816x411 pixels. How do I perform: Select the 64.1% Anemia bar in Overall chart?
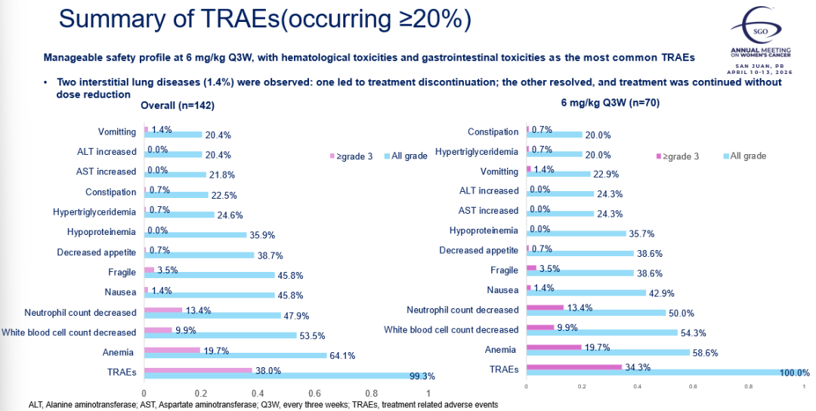[x=235, y=355]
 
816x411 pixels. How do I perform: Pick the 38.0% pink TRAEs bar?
[x=198, y=370]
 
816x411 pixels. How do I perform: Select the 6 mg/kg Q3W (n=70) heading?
[x=610, y=103]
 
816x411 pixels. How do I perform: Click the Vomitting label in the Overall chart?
[x=117, y=132]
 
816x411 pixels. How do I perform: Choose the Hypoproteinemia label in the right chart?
[x=484, y=230]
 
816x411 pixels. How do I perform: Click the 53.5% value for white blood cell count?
[x=315, y=335]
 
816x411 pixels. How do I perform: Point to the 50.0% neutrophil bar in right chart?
[x=596, y=313]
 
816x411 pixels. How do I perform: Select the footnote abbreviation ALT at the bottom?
[x=36, y=405]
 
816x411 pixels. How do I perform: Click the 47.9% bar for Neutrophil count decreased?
[x=212, y=316]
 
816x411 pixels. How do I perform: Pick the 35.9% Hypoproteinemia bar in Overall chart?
[x=195, y=234]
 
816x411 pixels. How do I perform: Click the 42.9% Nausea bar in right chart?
[x=586, y=293]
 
